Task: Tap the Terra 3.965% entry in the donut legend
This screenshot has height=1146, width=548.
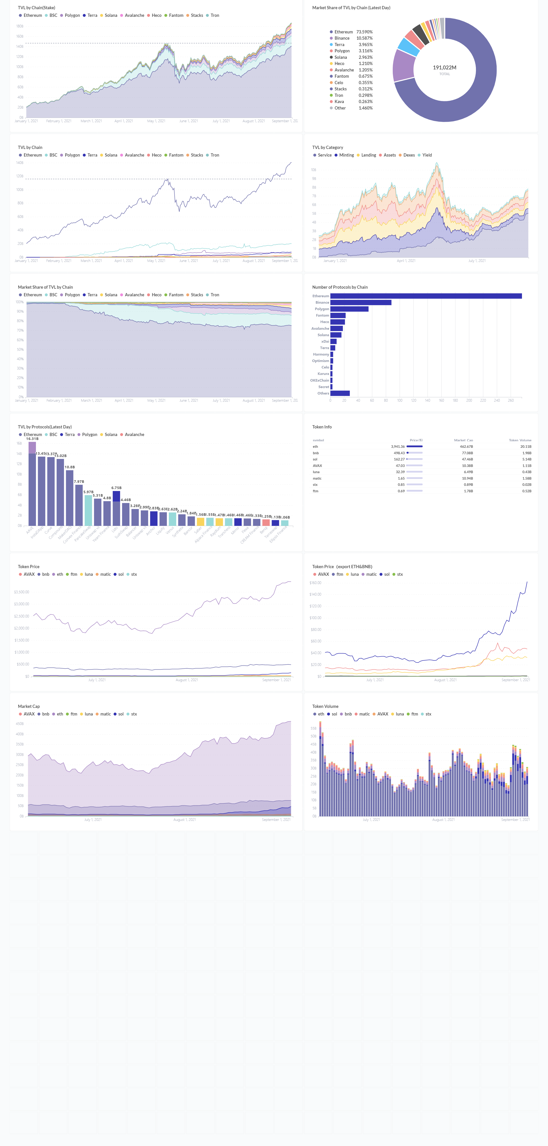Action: point(351,45)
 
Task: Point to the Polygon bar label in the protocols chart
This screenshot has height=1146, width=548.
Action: point(322,309)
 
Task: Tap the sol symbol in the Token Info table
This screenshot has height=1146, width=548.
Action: point(315,459)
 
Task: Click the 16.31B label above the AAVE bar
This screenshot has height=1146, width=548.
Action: point(32,439)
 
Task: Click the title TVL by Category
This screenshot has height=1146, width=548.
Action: point(328,147)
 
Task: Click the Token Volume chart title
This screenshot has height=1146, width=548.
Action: point(325,707)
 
